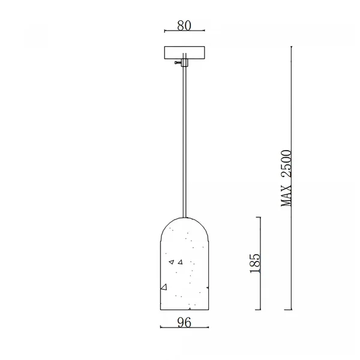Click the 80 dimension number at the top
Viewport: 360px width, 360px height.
[x=184, y=25]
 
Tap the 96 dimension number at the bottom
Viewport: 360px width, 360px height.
[x=184, y=322]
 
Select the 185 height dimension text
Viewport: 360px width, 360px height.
[x=255, y=263]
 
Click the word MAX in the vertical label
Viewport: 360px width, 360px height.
[x=286, y=195]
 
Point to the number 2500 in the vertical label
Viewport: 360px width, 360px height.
[x=286, y=163]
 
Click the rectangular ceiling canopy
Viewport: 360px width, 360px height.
[x=184, y=53]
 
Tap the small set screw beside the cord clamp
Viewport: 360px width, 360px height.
[x=178, y=62]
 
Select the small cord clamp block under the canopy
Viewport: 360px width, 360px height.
[x=184, y=62]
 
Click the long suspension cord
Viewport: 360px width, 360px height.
[x=184, y=142]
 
